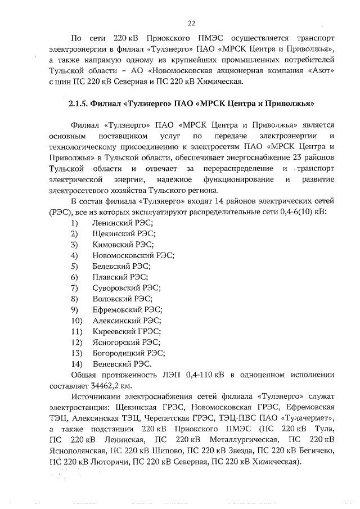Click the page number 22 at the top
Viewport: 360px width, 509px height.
pyautogui.click(x=191, y=22)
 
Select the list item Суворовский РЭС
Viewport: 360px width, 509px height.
pyautogui.click(x=126, y=288)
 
